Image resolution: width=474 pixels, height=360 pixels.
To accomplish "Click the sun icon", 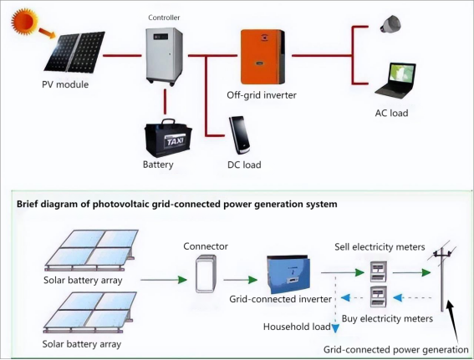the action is (24, 21).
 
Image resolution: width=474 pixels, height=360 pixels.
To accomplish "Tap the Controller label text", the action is (164, 18).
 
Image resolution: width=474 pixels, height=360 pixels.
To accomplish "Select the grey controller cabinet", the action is (164, 57).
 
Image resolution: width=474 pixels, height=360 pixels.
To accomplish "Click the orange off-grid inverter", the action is (262, 57).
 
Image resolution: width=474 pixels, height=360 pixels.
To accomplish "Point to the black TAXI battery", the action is (168, 139).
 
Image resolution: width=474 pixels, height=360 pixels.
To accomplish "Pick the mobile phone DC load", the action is (239, 135).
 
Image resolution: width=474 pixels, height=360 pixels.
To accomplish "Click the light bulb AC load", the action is (390, 25).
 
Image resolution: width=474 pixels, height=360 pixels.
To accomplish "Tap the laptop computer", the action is (395, 81).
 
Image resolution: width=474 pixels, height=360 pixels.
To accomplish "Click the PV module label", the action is (65, 84).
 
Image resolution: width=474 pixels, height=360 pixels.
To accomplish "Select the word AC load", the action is (391, 113).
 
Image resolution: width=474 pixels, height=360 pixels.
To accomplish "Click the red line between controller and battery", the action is (165, 101).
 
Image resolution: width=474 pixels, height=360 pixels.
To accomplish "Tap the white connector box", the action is (206, 274).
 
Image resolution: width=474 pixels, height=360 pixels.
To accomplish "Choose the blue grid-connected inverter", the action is (288, 274).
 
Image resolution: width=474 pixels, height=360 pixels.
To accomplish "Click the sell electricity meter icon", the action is (379, 271).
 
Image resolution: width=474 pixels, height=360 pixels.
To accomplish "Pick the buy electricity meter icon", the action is (379, 297).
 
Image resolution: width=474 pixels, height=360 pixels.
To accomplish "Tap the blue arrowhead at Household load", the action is (335, 328).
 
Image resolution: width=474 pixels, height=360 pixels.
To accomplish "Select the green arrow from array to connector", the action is (164, 280).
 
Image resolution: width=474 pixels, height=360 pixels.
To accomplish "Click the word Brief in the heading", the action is (28, 204).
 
